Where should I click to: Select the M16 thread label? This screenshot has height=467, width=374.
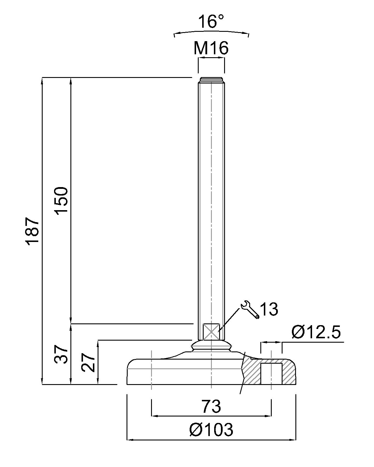click(x=211, y=48)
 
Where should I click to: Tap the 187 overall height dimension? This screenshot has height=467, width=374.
click(x=33, y=231)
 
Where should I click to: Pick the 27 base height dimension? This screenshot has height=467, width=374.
click(x=89, y=363)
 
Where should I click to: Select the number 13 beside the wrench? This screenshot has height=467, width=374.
click(x=269, y=309)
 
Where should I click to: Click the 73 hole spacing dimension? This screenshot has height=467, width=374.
click(x=211, y=406)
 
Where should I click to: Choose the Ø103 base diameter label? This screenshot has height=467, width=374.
click(x=211, y=430)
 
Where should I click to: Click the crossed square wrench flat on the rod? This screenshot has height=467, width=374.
click(x=211, y=331)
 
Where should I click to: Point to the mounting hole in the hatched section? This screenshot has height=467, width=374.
click(x=271, y=374)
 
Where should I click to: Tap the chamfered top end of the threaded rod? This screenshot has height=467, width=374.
click(x=211, y=80)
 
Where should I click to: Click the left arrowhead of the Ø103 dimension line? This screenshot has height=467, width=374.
click(x=129, y=439)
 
